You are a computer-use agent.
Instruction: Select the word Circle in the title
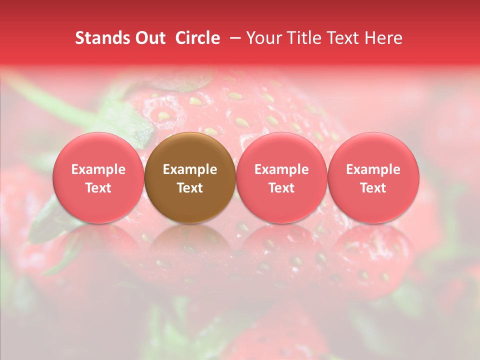pyautogui.click(x=197, y=38)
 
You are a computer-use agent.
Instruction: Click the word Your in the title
pyautogui.click(x=263, y=38)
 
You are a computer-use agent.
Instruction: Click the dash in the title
pyautogui.click(x=233, y=38)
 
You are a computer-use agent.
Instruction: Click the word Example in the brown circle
pyautogui.click(x=190, y=169)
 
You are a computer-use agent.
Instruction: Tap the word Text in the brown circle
pyautogui.click(x=190, y=188)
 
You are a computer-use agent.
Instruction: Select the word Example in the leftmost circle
pyautogui.click(x=98, y=169)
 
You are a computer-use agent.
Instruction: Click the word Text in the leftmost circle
pyautogui.click(x=98, y=188)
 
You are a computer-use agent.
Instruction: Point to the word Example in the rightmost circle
pyautogui.click(x=373, y=169)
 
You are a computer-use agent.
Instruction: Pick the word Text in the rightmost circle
pyautogui.click(x=373, y=188)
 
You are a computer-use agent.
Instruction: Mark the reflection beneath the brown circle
pyautogui.click(x=190, y=250)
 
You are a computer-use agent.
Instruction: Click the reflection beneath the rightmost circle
pyautogui.click(x=373, y=250)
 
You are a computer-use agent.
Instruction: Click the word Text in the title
pyautogui.click(x=345, y=38)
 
